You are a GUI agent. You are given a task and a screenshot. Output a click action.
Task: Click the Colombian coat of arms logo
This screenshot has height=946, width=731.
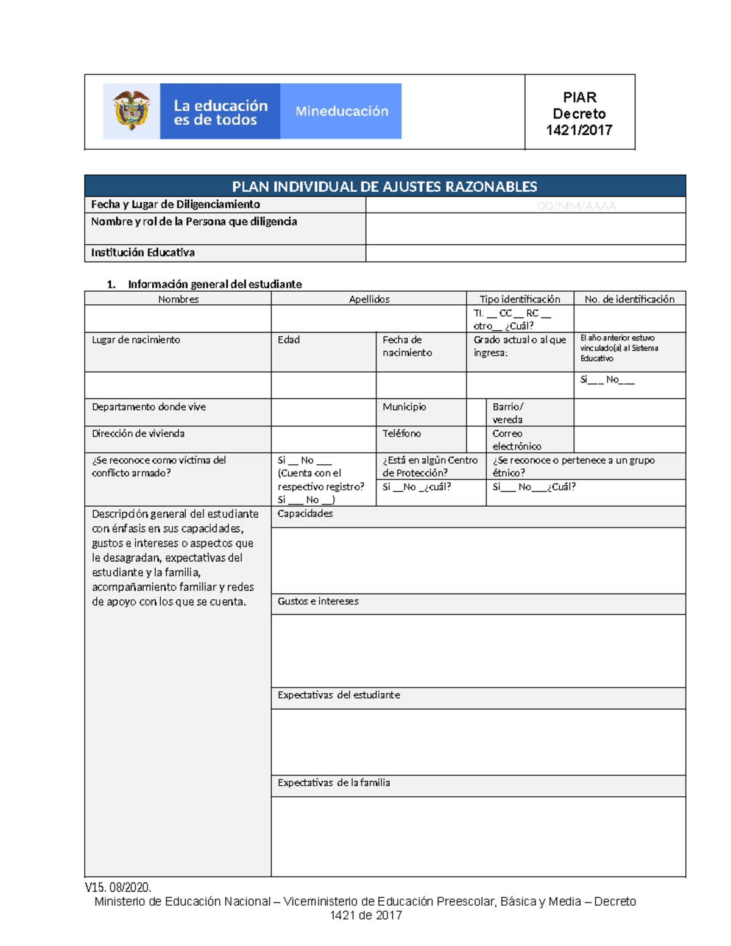[131, 111]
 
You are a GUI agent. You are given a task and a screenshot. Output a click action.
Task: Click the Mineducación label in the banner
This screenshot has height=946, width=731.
[341, 111]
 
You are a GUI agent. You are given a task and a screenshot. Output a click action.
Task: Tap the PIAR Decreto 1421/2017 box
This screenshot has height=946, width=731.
[579, 113]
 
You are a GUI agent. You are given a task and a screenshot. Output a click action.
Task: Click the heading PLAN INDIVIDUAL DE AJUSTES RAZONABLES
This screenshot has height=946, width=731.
[384, 186]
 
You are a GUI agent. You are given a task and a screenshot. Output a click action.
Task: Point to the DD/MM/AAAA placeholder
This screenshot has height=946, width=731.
[576, 206]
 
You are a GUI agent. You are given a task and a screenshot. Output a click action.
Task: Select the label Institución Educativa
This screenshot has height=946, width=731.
[143, 253]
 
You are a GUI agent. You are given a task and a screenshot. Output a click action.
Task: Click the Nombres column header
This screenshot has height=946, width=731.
[178, 299]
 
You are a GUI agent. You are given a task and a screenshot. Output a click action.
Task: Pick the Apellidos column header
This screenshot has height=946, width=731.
[369, 299]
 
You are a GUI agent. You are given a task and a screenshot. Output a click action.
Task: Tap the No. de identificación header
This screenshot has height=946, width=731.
[629, 299]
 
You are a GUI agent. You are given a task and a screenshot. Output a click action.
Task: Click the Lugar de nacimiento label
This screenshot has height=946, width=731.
[136, 340]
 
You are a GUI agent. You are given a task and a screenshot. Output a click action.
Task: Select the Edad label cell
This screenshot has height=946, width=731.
[289, 340]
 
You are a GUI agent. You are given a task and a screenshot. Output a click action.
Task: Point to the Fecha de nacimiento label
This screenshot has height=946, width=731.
[407, 346]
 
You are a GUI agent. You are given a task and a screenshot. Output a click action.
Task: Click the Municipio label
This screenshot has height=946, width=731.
[404, 407]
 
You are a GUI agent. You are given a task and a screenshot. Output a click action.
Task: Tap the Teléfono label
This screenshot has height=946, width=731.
[401, 434]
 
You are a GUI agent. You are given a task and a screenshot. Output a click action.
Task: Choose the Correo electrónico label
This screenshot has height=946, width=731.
[516, 440]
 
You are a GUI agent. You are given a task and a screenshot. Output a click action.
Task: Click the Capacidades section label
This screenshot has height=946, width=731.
[305, 514]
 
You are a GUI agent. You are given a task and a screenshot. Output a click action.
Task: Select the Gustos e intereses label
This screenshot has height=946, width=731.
[318, 601]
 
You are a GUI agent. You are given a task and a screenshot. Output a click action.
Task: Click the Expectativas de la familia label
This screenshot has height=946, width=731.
[333, 783]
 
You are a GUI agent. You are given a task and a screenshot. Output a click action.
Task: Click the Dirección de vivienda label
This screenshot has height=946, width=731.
[138, 434]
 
